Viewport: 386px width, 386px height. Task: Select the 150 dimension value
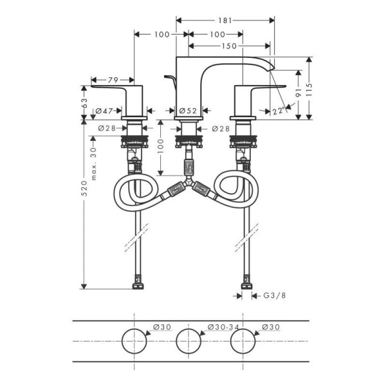[x=229, y=46]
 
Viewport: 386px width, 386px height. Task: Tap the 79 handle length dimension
[x=112, y=80]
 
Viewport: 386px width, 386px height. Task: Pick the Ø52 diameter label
[x=188, y=111]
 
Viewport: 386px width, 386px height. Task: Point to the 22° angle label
[x=278, y=111]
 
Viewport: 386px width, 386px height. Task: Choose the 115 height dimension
[x=310, y=87]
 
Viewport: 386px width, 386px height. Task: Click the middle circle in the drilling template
[x=188, y=339]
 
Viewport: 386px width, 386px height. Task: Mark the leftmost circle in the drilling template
[x=133, y=339]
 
